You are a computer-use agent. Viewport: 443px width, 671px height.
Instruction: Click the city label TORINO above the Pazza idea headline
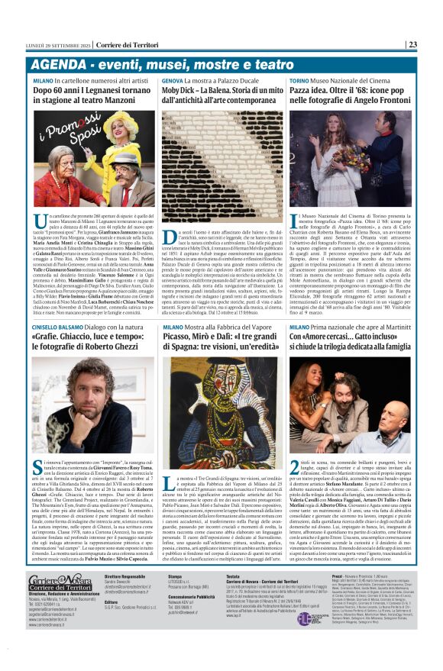pos(299,80)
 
